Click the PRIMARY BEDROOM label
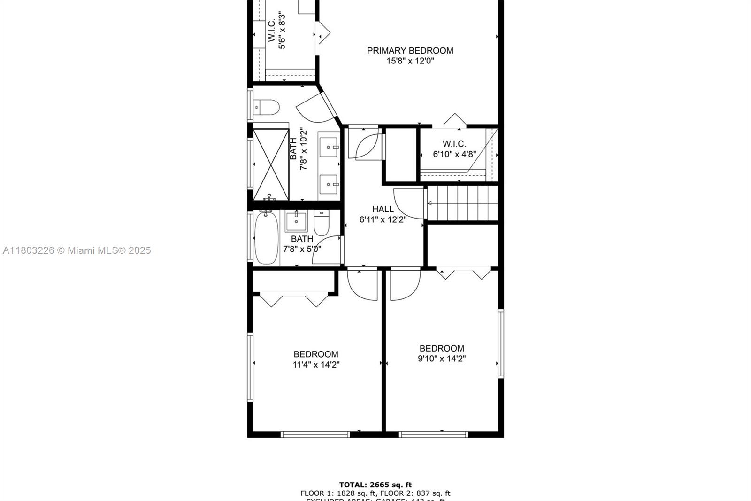click(410, 51)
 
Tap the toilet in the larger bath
click(266, 107)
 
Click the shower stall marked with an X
click(271, 164)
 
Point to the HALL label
click(383, 209)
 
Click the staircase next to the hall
click(462, 203)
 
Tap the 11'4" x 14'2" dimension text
click(316, 365)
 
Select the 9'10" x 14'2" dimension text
click(442, 359)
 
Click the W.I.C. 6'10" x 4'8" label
click(454, 149)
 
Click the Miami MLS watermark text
click(77, 250)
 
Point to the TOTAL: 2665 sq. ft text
click(375, 485)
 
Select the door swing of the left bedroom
click(361, 284)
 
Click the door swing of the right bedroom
click(405, 284)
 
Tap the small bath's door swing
click(327, 250)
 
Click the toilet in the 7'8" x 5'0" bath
click(322, 224)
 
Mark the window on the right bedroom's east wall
click(500, 343)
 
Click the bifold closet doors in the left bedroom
click(294, 299)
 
